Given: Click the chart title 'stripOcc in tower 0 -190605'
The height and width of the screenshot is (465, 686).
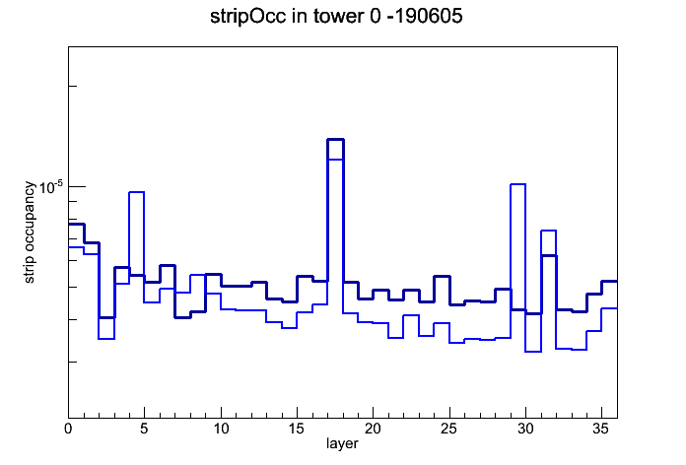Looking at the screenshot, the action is pyautogui.click(x=336, y=17).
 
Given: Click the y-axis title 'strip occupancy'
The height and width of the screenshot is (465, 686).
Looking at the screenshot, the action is pyautogui.click(x=29, y=232).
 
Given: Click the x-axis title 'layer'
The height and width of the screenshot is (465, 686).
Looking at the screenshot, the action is pyautogui.click(x=342, y=443).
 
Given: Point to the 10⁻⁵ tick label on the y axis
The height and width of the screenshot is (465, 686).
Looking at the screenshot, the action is pyautogui.click(x=51, y=187).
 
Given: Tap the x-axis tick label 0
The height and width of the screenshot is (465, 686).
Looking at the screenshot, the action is pyautogui.click(x=68, y=429).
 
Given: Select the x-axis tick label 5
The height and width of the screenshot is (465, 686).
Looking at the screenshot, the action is pyautogui.click(x=144, y=429).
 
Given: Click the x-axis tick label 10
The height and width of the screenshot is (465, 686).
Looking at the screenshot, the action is pyautogui.click(x=221, y=429).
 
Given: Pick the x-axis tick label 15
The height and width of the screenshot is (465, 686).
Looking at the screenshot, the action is pyautogui.click(x=297, y=429).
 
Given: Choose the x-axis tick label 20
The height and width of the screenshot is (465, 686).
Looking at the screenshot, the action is pyautogui.click(x=373, y=429).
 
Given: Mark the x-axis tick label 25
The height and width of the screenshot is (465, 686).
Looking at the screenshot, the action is pyautogui.click(x=448, y=429).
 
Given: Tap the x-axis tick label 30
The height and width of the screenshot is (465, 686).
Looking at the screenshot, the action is pyautogui.click(x=525, y=429).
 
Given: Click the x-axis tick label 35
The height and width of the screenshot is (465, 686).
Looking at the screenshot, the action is pyautogui.click(x=601, y=429).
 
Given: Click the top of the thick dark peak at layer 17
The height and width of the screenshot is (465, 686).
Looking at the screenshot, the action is pyautogui.click(x=335, y=140).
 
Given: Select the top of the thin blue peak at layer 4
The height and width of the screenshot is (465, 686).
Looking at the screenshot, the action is pyautogui.click(x=136, y=192).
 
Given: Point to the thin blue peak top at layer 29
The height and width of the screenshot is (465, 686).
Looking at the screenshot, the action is pyautogui.click(x=518, y=184).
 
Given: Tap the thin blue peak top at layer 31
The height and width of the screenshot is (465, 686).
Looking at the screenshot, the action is pyautogui.click(x=549, y=231).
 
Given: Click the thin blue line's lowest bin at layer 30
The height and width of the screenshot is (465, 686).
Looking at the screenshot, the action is pyautogui.click(x=533, y=352).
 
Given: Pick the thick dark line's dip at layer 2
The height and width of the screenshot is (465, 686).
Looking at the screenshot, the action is pyautogui.click(x=106, y=317).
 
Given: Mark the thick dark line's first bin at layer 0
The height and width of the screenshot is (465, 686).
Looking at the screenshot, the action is pyautogui.click(x=76, y=224).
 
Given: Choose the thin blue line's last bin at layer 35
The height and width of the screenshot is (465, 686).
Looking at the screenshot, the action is pyautogui.click(x=609, y=308).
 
